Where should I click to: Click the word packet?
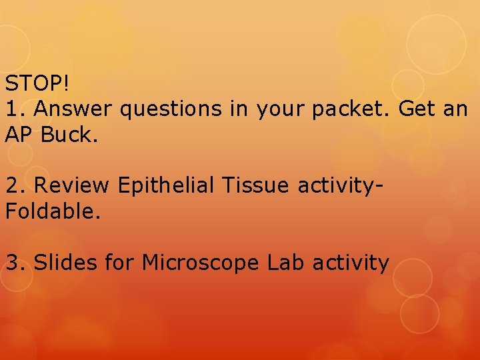click(x=354, y=108)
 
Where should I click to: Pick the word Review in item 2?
click(x=72, y=185)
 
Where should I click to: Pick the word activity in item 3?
click(x=352, y=263)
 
